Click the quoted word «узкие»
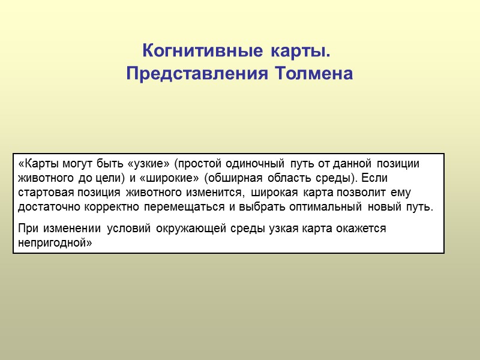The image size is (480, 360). click(149, 164)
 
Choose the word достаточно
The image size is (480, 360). click(49, 208)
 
